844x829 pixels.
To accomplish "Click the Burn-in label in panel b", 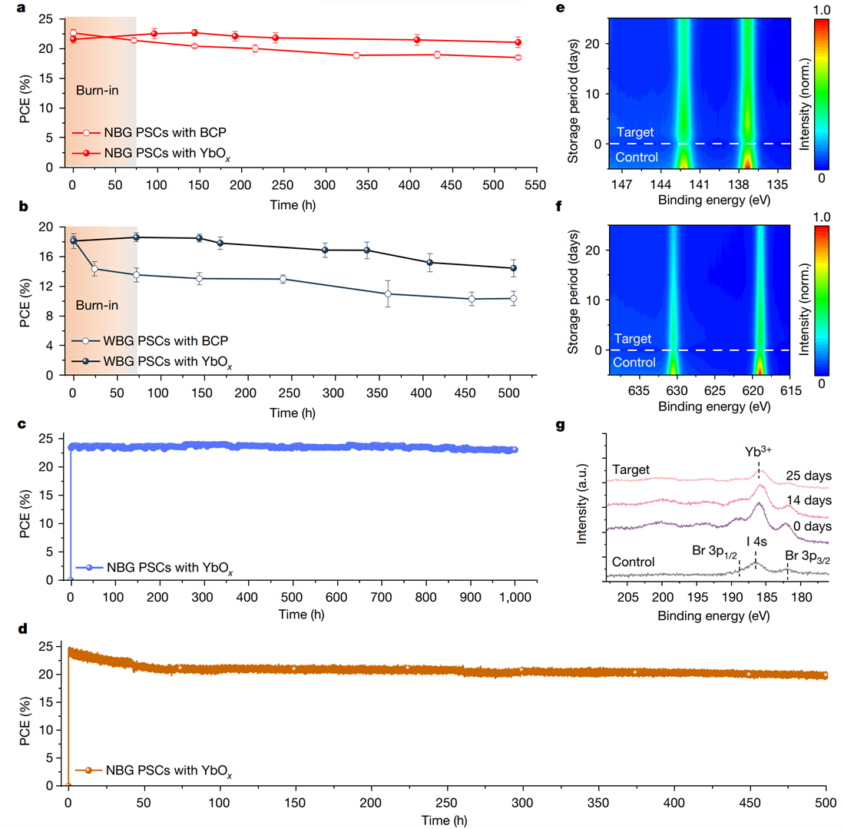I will tap(97, 306).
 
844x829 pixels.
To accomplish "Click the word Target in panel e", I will tap(634, 132).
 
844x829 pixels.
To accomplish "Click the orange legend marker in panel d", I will tap(90, 769).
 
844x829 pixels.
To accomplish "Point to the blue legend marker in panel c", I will tap(89, 568).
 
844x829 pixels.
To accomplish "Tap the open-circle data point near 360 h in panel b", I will tap(388, 293).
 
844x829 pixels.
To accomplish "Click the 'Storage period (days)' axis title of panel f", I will tap(575, 300).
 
